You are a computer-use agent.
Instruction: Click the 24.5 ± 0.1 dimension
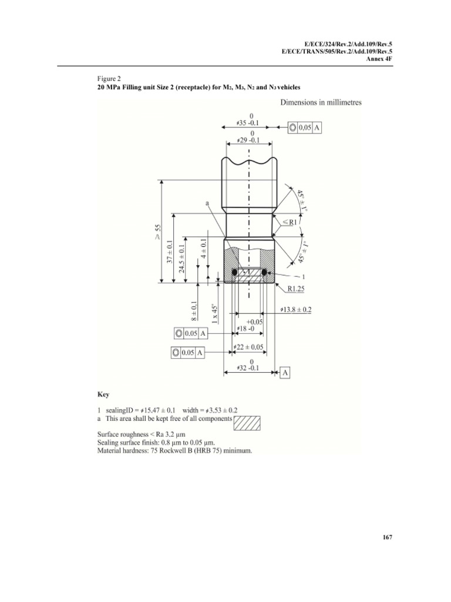pos(183,259)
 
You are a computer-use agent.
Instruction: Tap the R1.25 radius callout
pos(299,288)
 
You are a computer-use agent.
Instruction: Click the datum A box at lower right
pos(285,373)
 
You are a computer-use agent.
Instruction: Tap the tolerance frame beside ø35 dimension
pos(307,128)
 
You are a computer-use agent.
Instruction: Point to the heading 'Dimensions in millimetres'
pos(317,102)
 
